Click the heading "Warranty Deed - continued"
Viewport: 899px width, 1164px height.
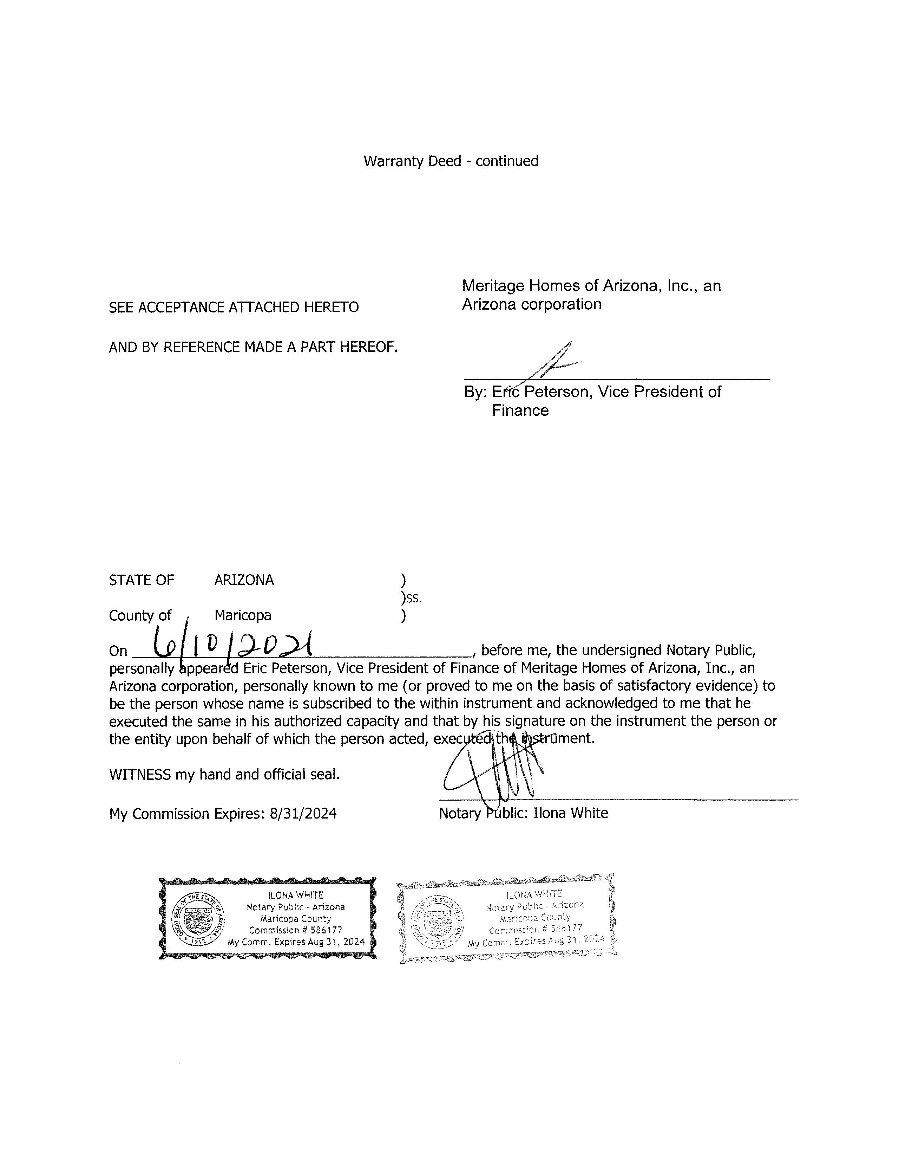451,161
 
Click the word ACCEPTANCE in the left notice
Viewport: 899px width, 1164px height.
181,308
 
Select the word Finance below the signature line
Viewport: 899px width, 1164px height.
520,410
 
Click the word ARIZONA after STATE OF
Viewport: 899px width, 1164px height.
244,580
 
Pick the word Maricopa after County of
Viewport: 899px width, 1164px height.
243,616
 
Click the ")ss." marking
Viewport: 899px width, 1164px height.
411,598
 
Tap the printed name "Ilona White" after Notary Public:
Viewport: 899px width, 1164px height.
570,813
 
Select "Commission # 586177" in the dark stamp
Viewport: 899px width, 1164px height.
296,930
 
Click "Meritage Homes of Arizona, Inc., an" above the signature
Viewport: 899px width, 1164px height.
591,286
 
